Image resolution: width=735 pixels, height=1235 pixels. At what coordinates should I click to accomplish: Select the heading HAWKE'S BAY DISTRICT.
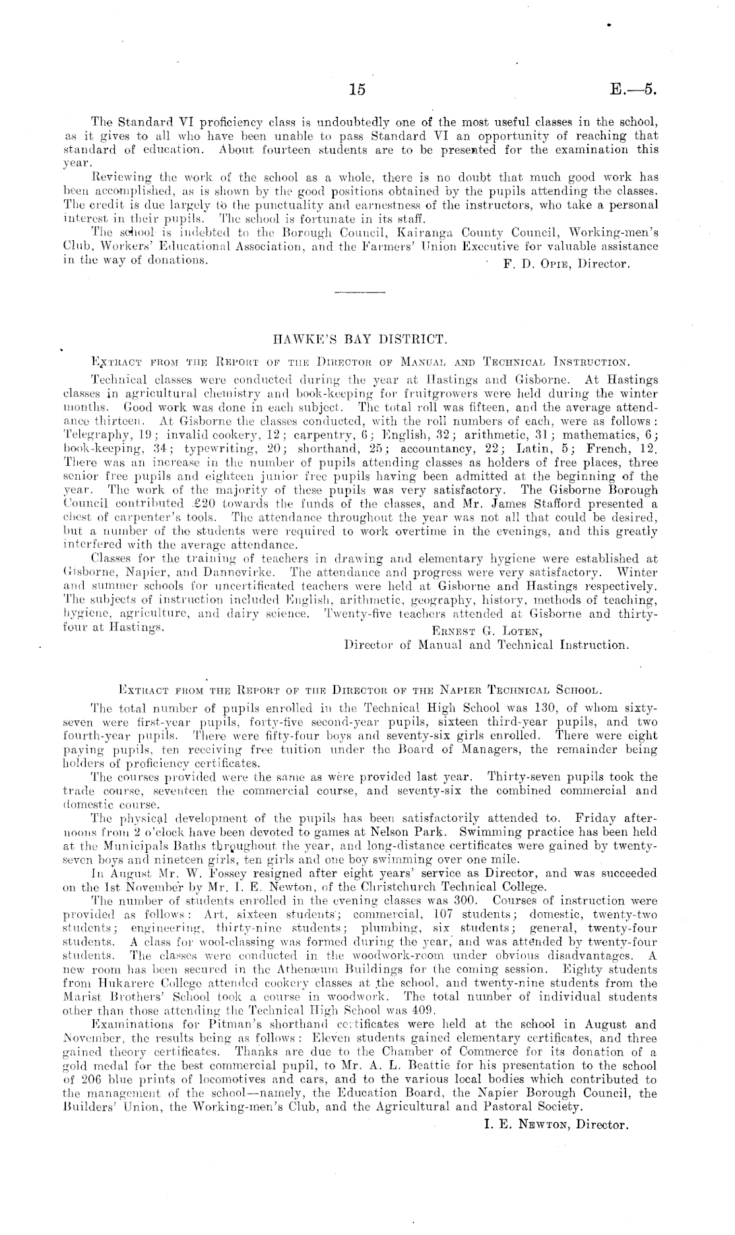click(360, 341)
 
